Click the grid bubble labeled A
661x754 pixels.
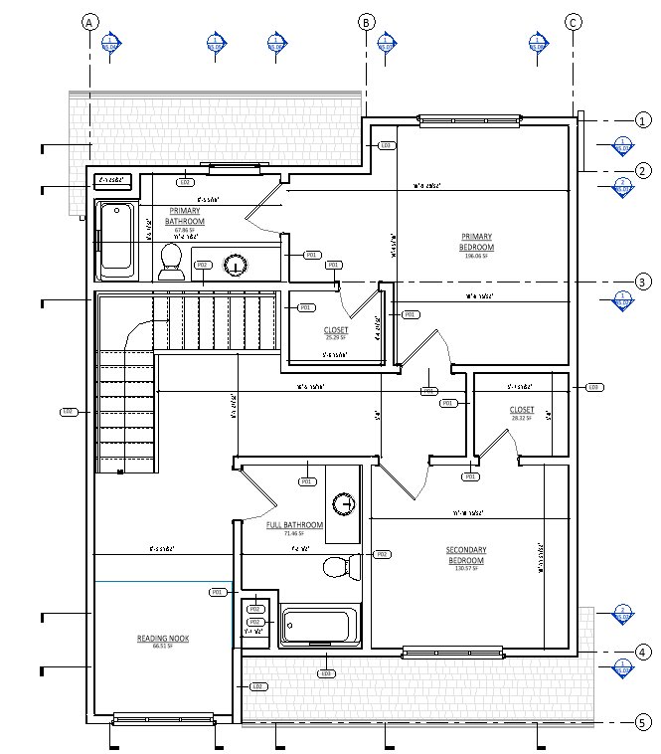(x=90, y=22)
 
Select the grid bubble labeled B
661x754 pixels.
(x=366, y=22)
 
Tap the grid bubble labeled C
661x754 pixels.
(x=573, y=22)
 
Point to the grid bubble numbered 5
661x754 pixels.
(x=642, y=722)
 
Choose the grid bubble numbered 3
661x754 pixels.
(x=642, y=282)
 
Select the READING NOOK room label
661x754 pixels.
(x=163, y=639)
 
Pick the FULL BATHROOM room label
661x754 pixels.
(x=294, y=525)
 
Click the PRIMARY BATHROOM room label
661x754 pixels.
(x=185, y=216)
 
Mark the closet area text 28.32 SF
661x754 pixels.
(x=521, y=418)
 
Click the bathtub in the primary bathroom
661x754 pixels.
(x=118, y=241)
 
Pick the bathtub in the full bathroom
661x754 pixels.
(x=317, y=627)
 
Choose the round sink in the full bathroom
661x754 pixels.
(x=344, y=503)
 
